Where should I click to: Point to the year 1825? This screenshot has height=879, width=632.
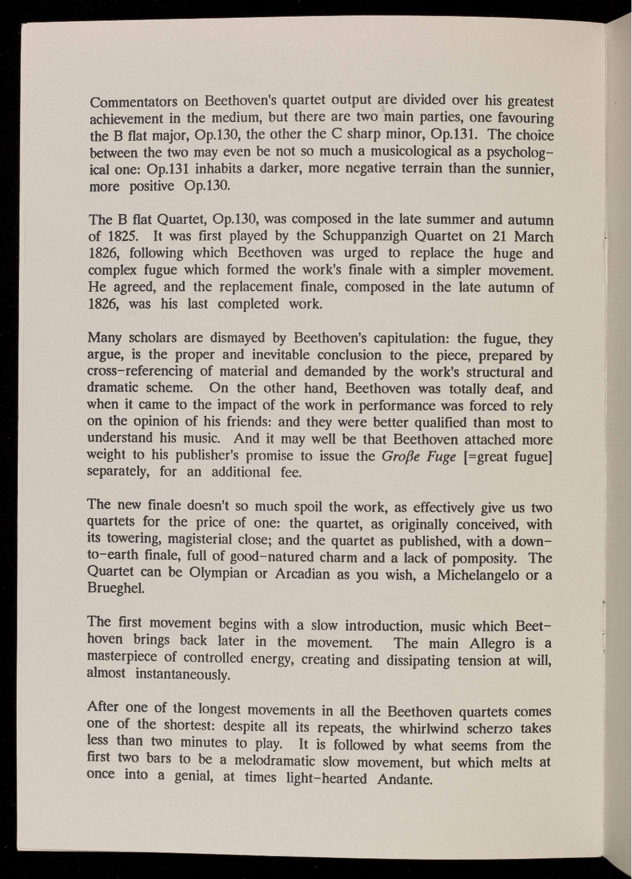point(121,236)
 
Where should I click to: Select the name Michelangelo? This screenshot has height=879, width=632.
point(482,575)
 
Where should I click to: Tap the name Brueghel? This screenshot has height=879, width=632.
point(113,591)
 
